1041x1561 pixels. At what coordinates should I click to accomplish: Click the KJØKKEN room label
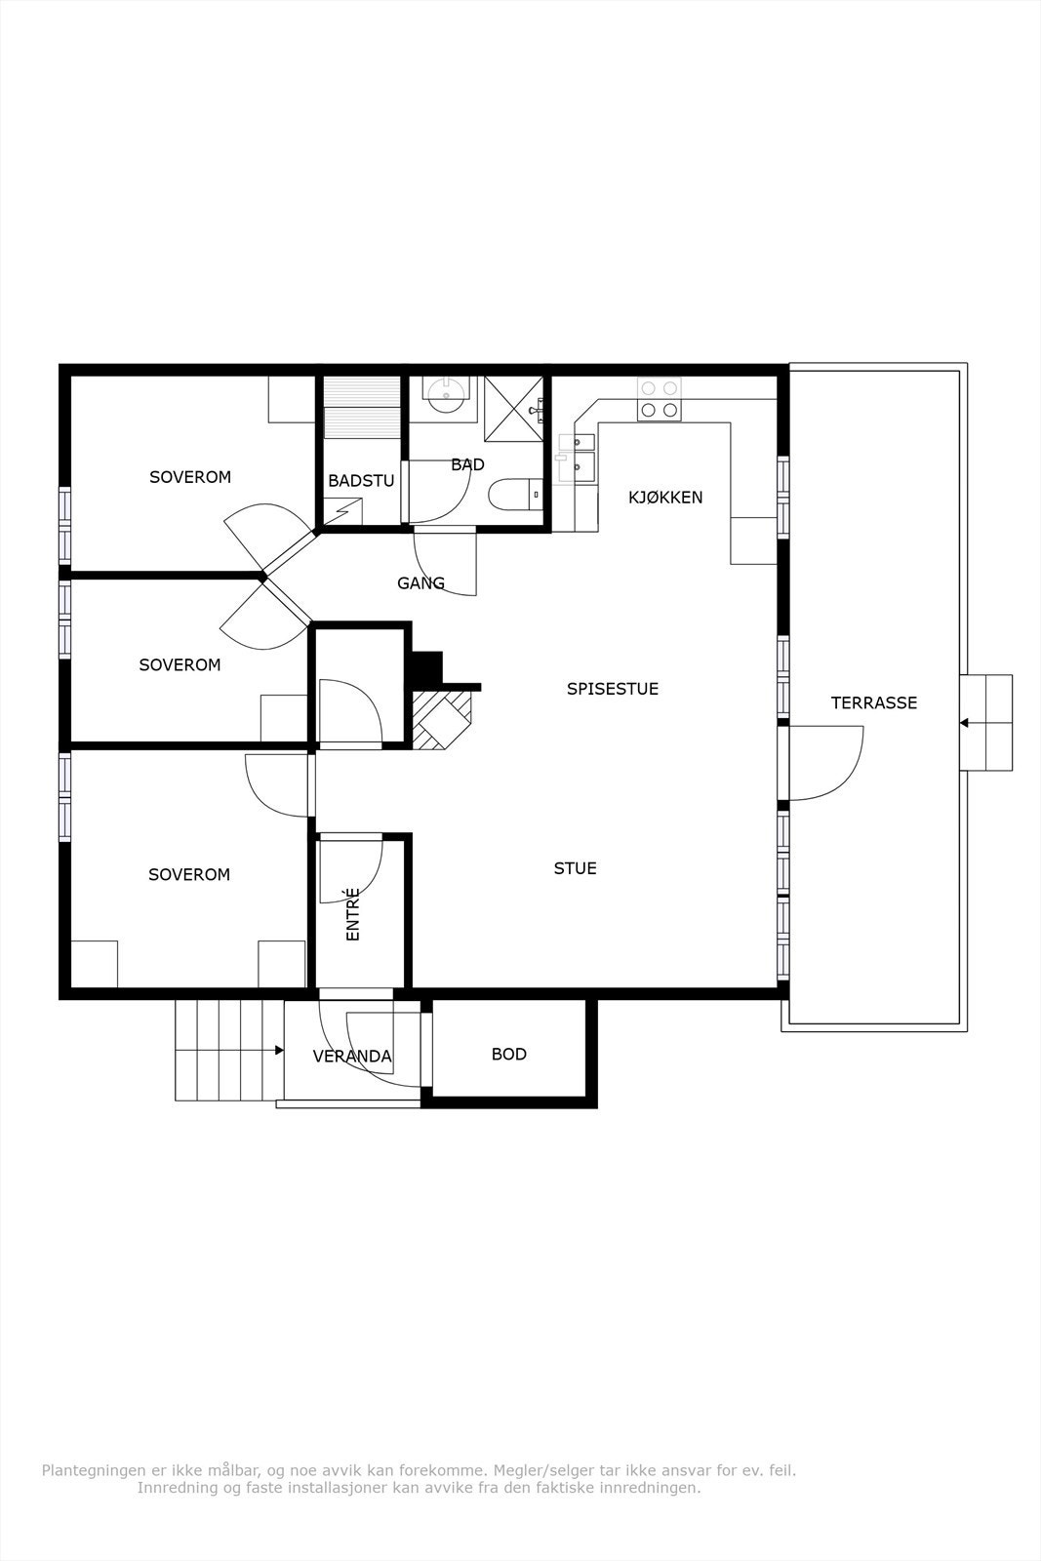(x=665, y=497)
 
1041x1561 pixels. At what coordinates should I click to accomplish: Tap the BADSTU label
(x=361, y=480)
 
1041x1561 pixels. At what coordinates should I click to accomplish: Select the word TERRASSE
(x=874, y=702)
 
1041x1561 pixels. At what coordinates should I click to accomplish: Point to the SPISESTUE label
(x=613, y=689)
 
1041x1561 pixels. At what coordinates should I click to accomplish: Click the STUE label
(x=575, y=868)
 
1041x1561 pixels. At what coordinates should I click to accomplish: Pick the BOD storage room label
(x=508, y=1055)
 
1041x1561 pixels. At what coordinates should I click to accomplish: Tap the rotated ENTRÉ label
(x=352, y=914)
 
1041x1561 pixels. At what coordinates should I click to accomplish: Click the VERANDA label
(x=352, y=1057)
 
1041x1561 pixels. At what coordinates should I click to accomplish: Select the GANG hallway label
(x=420, y=582)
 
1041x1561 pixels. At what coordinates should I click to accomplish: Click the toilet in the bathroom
(x=516, y=495)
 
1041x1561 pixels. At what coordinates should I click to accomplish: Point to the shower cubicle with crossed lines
(x=513, y=409)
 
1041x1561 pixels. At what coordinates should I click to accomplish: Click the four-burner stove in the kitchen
(x=660, y=399)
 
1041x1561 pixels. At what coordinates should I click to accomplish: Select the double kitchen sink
(x=577, y=458)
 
